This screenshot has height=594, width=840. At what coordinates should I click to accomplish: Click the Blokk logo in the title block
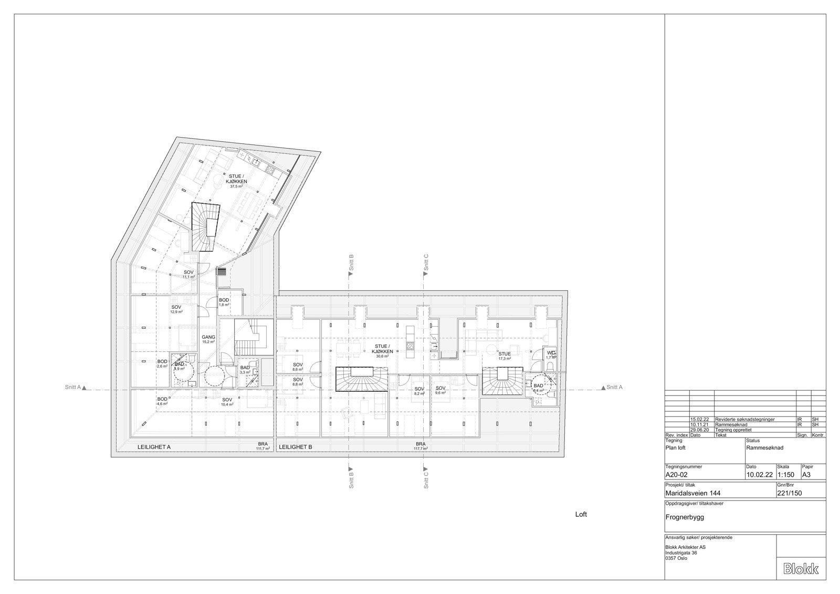pyautogui.click(x=801, y=569)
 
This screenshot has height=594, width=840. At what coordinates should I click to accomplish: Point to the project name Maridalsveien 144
pyautogui.click(x=692, y=493)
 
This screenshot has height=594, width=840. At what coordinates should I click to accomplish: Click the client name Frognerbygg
pyautogui.click(x=684, y=517)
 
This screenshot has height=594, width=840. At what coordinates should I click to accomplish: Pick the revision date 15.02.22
pyautogui.click(x=699, y=420)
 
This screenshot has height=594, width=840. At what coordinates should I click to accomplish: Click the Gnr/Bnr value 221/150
pyautogui.click(x=789, y=493)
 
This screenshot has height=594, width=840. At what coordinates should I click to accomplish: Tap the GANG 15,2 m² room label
pyautogui.click(x=208, y=339)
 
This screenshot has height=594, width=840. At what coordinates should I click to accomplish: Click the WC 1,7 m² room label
pyautogui.click(x=550, y=355)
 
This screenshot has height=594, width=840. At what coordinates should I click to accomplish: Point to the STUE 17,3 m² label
pyautogui.click(x=504, y=356)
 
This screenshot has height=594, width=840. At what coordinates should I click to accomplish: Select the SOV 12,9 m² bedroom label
pyautogui.click(x=176, y=309)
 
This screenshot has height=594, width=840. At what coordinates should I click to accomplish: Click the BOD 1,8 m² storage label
pyautogui.click(x=224, y=302)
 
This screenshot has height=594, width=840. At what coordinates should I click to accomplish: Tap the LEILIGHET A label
pyautogui.click(x=154, y=447)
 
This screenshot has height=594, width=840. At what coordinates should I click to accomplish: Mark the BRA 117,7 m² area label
pyautogui.click(x=421, y=446)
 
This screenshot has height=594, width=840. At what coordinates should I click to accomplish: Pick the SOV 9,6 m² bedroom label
pyautogui.click(x=440, y=390)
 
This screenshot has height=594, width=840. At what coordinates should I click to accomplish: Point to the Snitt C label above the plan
pyautogui.click(x=426, y=262)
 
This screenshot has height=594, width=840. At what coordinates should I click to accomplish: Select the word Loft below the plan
pyautogui.click(x=581, y=515)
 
